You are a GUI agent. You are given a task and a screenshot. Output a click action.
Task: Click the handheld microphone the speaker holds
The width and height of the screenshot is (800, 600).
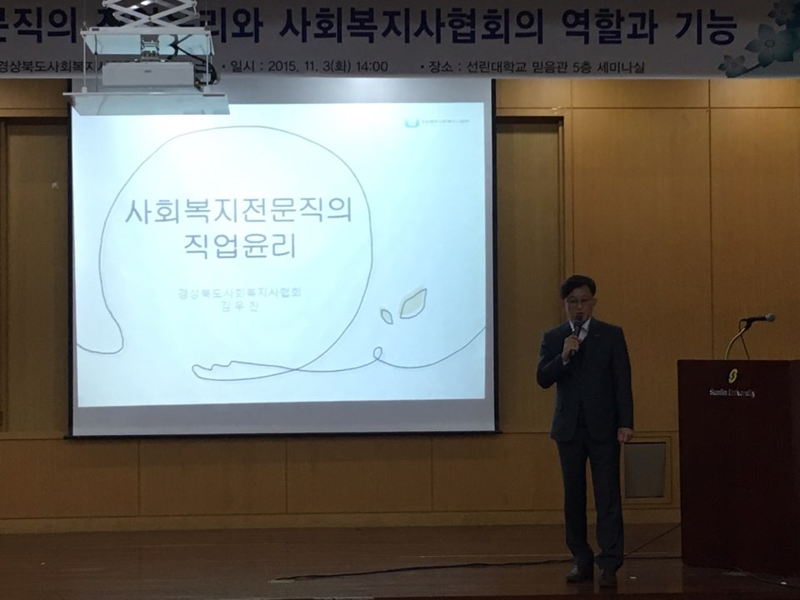(573, 332)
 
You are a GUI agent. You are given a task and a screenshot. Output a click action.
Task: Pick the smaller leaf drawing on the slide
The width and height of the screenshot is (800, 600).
(387, 316)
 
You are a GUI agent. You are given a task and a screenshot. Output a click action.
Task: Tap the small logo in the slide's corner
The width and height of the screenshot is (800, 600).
(408, 123)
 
